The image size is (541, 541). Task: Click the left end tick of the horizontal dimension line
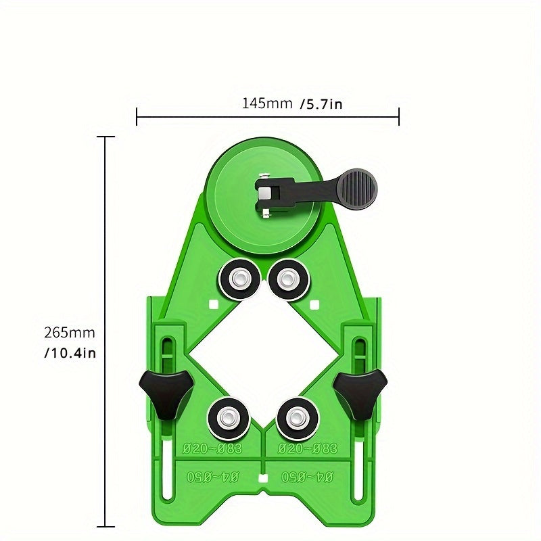pyautogui.click(x=137, y=117)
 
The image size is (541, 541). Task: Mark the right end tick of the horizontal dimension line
pyautogui.click(x=399, y=117)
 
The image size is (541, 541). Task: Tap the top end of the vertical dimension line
pyautogui.click(x=105, y=137)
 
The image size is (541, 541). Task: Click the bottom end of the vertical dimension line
pyautogui.click(x=105, y=526)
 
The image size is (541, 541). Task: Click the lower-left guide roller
pyautogui.click(x=227, y=418)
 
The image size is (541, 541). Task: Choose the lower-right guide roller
pyautogui.click(x=296, y=418)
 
